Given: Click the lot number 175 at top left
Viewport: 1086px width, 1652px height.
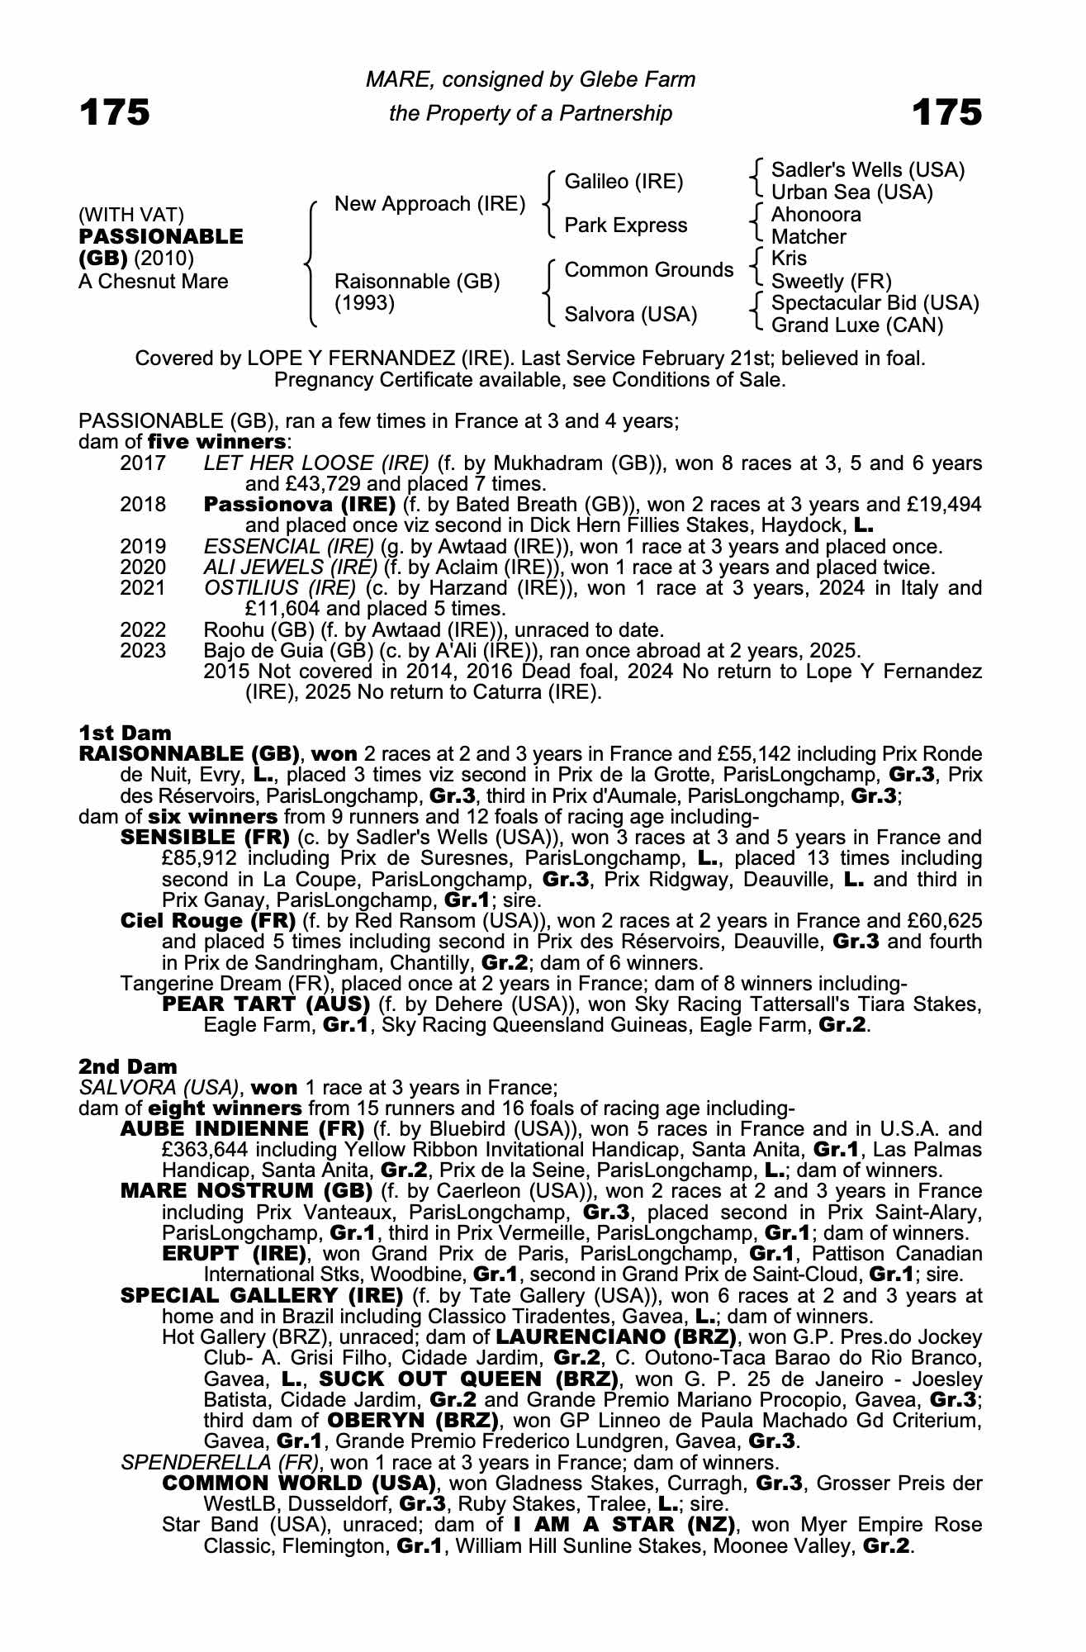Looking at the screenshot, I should (115, 112).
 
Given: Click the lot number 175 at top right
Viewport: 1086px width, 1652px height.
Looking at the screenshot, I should (946, 112).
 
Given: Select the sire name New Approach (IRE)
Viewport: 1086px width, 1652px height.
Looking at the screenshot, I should (429, 204).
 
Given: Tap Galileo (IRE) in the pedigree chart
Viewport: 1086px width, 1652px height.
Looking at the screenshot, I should (624, 182).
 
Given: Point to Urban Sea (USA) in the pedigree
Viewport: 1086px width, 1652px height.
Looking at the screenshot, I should (851, 192).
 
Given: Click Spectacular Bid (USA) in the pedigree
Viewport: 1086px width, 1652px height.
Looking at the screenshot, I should (875, 303).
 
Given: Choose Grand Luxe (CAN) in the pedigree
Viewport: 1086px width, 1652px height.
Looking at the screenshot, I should (856, 325).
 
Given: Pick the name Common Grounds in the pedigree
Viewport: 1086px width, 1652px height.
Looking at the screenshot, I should (648, 270).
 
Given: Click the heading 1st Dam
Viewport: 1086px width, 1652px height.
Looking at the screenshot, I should (125, 733).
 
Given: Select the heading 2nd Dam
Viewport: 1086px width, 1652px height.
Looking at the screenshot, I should (128, 1066).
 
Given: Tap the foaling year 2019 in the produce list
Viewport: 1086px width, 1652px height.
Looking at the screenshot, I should (143, 547).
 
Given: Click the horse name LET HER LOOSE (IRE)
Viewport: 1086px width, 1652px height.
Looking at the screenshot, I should (316, 463).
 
